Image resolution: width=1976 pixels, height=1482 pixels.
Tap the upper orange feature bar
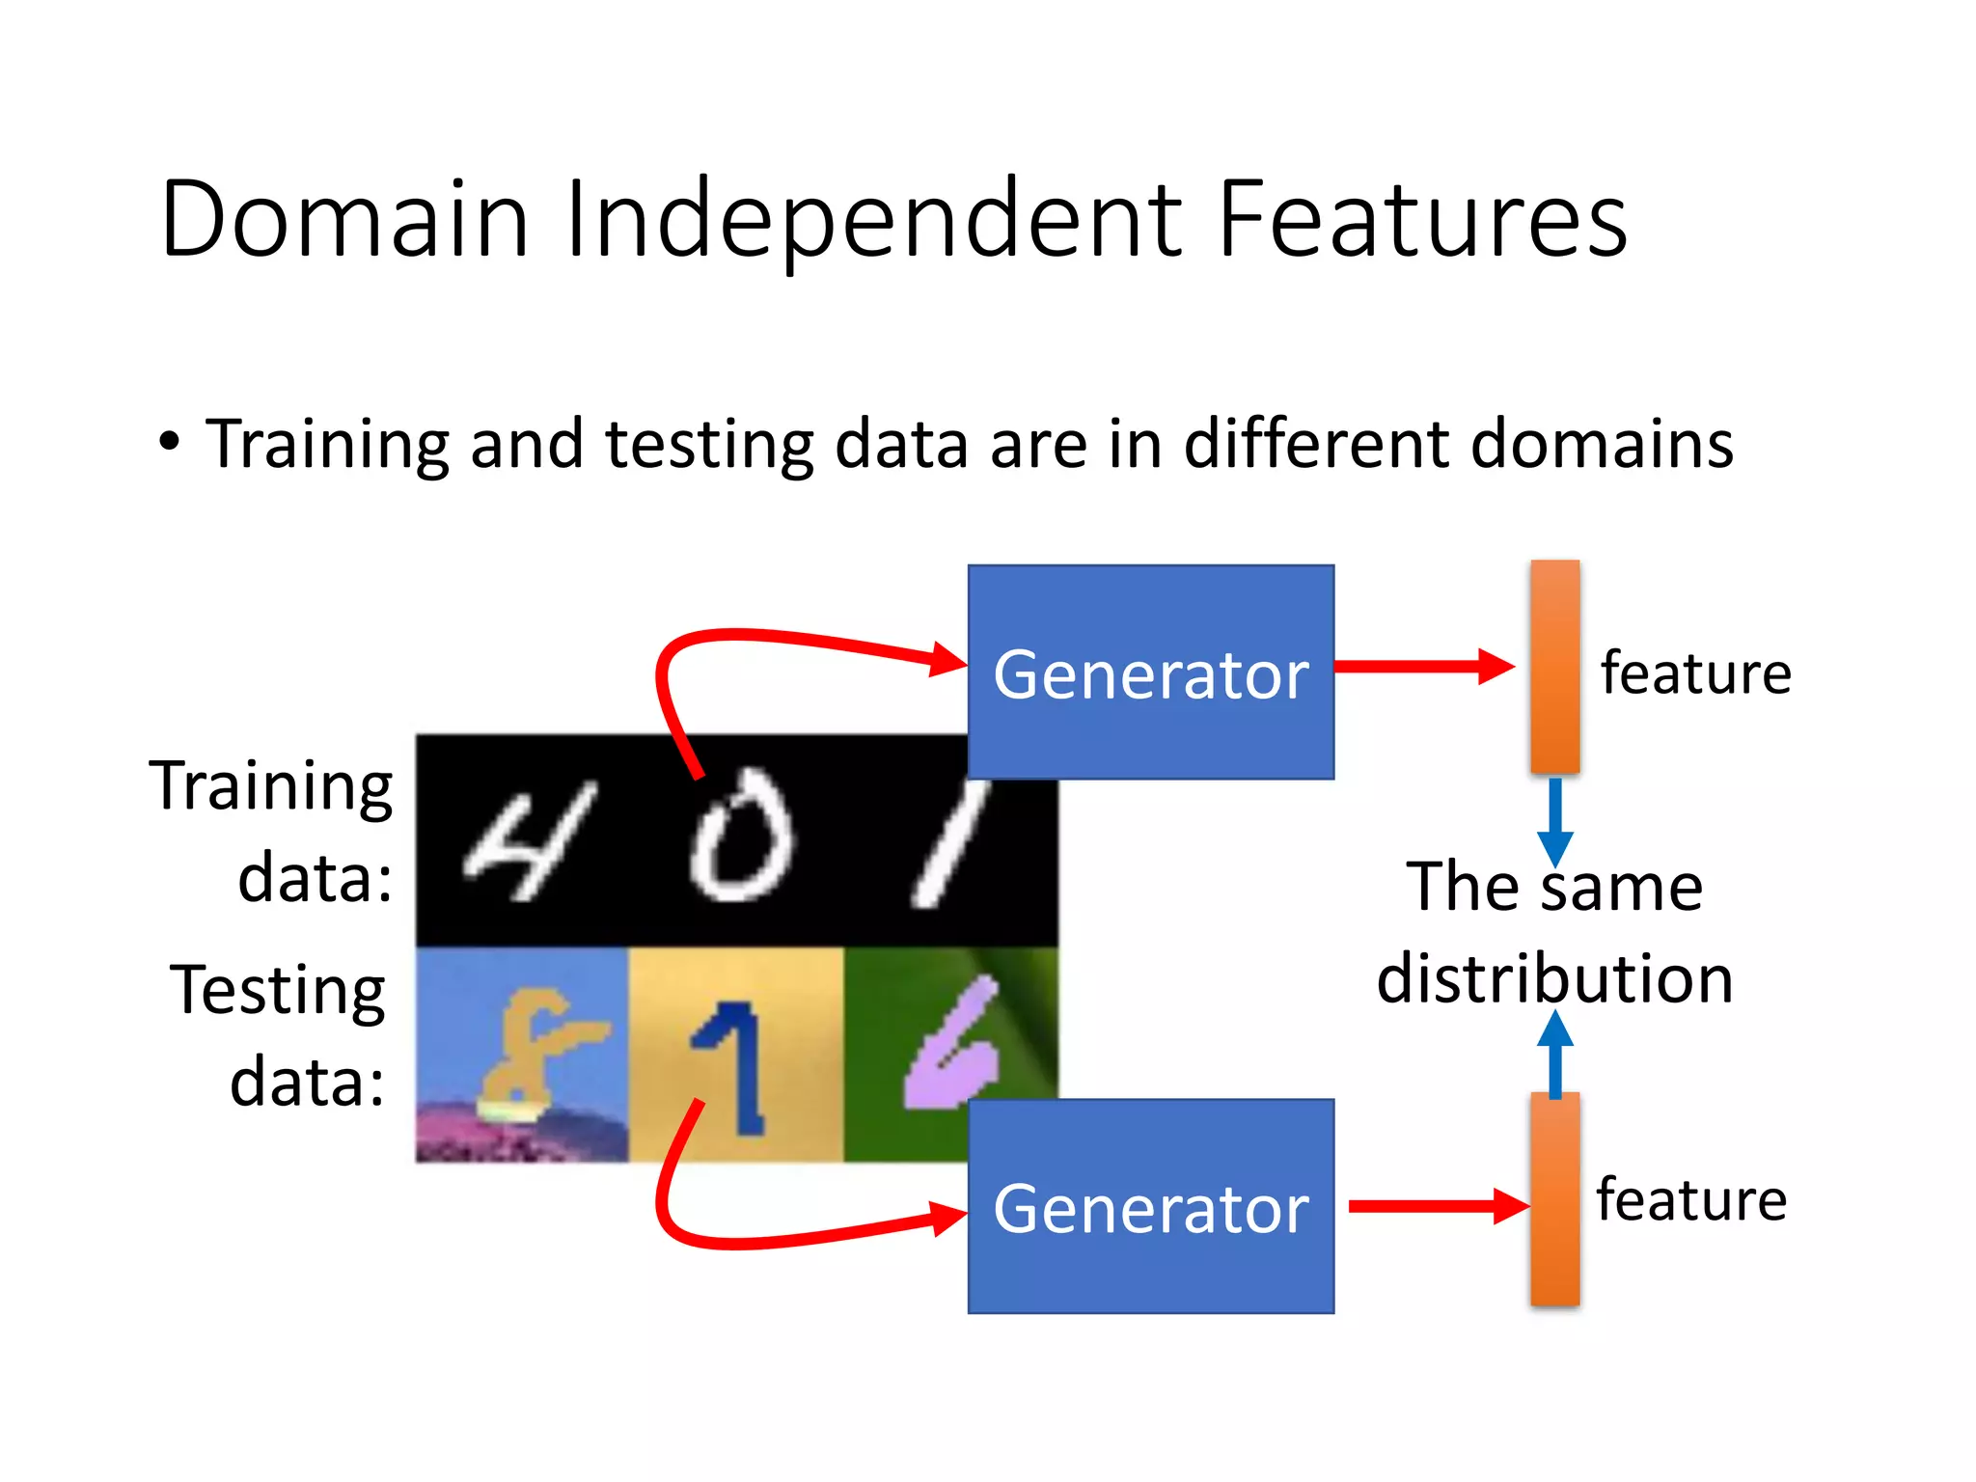(x=1554, y=666)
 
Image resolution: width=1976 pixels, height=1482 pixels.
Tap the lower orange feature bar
(x=1554, y=1199)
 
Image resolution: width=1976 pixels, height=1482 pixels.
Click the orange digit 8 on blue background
(x=535, y=1052)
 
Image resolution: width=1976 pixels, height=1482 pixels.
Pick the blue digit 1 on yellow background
(x=733, y=1066)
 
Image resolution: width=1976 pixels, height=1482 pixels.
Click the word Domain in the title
(x=344, y=219)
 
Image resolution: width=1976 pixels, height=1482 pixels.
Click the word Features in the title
(x=1422, y=219)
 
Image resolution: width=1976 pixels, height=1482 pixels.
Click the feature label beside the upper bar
(x=1695, y=672)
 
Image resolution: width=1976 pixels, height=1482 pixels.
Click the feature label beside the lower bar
(x=1690, y=1199)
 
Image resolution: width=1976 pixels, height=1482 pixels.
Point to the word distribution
(x=1554, y=978)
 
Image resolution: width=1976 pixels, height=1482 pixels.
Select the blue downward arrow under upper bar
(x=1554, y=820)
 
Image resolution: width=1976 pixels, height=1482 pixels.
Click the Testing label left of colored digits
(x=278, y=991)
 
